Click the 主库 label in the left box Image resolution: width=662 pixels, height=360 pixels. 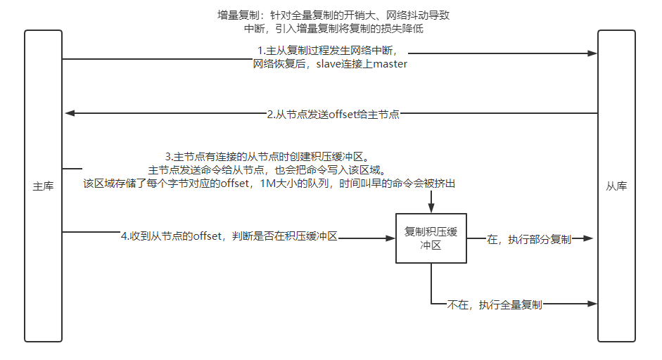[43, 186]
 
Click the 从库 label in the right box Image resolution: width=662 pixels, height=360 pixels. [616, 186]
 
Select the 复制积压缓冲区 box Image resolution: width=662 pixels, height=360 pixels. [431, 238]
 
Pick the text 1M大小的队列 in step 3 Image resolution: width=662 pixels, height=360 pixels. [294, 184]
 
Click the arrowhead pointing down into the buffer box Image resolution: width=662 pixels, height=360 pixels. [431, 209]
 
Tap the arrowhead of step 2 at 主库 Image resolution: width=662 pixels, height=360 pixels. [68, 113]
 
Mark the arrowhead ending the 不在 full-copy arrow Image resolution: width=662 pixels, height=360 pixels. [592, 304]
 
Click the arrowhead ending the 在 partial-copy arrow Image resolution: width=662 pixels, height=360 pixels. [592, 239]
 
